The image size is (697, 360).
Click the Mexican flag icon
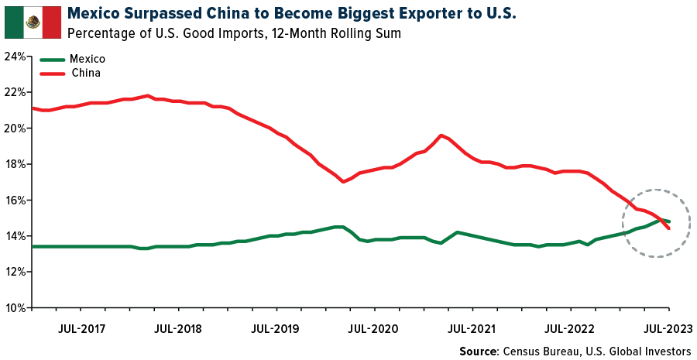33,22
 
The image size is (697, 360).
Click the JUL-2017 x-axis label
83,328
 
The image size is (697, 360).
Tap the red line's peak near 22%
147,96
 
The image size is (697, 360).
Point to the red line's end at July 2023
668,228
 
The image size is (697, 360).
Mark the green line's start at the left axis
32,246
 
